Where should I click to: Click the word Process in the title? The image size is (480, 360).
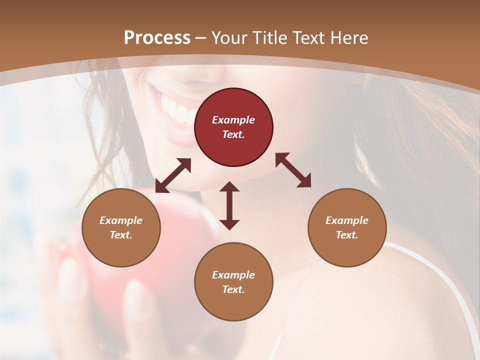(157, 38)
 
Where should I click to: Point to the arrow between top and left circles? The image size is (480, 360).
(173, 175)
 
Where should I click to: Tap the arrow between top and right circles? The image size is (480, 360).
(293, 170)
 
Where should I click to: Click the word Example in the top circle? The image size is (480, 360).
(233, 120)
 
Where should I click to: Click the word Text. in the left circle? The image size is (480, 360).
(121, 235)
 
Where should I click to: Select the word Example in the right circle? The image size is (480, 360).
(347, 220)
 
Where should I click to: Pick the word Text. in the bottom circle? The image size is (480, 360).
(233, 289)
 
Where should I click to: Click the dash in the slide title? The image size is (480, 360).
(201, 38)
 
